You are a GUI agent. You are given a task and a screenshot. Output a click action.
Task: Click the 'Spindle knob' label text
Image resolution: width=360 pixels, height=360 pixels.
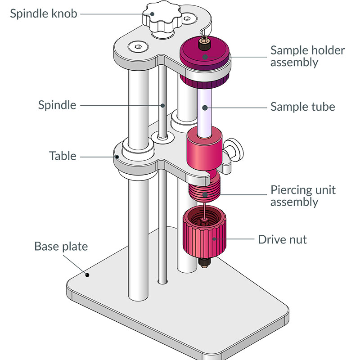[x=44, y=13]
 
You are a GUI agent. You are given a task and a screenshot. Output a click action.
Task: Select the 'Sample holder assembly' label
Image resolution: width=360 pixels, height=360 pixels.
[x=307, y=56]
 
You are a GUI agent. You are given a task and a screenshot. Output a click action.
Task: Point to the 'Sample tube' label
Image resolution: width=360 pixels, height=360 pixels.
[x=302, y=107]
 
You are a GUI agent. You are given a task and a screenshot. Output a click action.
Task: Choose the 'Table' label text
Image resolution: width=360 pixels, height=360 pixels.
[x=63, y=156]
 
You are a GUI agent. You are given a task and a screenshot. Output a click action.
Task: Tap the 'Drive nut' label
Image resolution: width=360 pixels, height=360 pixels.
[x=282, y=239]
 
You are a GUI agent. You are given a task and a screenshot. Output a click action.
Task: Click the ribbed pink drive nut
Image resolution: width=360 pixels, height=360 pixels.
[x=205, y=236]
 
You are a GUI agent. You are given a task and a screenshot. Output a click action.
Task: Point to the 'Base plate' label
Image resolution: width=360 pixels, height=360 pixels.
[x=61, y=247]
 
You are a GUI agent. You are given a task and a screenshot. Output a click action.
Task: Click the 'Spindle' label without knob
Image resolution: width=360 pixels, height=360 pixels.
[x=57, y=105]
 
